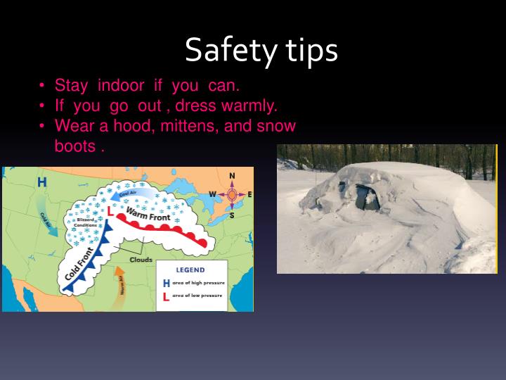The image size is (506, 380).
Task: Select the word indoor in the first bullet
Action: (x=120, y=86)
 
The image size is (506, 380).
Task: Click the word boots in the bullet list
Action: (x=74, y=147)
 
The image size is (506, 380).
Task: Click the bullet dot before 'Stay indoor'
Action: (x=43, y=87)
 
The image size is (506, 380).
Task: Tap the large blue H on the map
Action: (x=42, y=182)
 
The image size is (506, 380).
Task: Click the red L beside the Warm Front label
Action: (x=110, y=210)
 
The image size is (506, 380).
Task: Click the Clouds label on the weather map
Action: (x=141, y=260)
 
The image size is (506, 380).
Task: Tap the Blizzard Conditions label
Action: (x=85, y=223)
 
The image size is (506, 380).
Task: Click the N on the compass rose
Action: (x=232, y=176)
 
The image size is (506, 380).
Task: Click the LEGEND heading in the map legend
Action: (x=190, y=270)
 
